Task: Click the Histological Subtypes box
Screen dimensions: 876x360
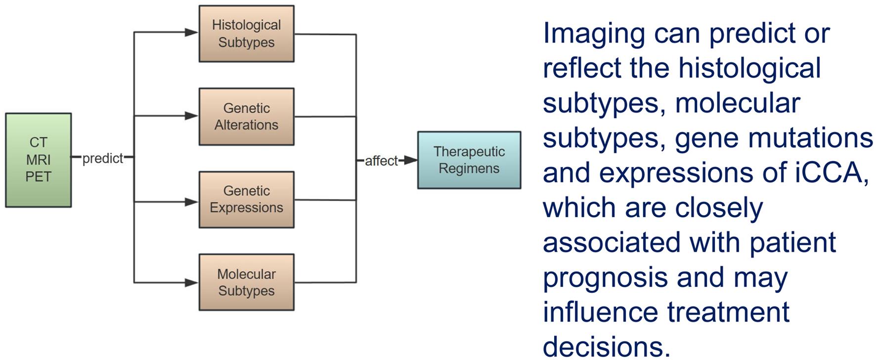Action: pos(246,34)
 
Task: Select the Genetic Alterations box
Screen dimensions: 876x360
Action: pos(246,117)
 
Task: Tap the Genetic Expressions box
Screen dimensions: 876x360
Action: pos(246,199)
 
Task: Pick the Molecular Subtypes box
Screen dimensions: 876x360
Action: pos(246,282)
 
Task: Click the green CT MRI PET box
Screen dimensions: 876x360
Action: pos(39,160)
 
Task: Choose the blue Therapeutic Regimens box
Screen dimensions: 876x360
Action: pos(469,160)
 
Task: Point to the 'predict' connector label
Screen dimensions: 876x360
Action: pos(102,158)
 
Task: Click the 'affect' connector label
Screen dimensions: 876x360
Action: pos(381,161)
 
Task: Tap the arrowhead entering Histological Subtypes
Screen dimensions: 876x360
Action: pos(191,33)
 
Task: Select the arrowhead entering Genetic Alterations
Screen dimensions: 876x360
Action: pos(191,116)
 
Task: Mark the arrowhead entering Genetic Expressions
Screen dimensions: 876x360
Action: pos(191,202)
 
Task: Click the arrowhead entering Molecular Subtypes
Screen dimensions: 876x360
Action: pos(191,283)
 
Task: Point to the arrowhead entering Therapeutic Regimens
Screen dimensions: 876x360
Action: pos(411,160)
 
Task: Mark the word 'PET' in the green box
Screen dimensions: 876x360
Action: pos(39,177)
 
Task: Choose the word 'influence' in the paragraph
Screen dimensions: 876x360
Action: pos(601,312)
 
